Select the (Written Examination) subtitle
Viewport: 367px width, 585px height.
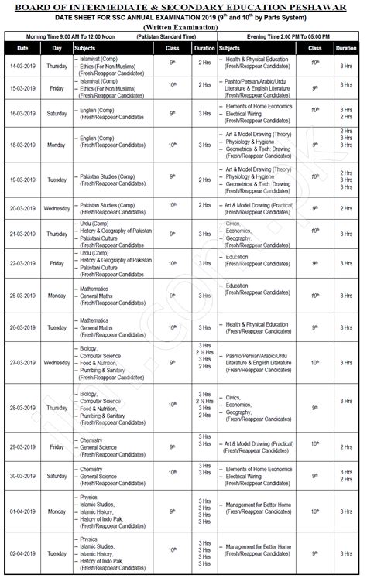pyautogui.click(x=183, y=27)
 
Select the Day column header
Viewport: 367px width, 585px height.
pyautogui.click(x=57, y=48)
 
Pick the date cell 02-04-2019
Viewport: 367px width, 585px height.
pyautogui.click(x=22, y=554)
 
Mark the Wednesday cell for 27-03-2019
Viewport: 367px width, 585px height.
pyautogui.click(x=57, y=362)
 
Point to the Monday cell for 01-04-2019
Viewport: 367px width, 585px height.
pyautogui.click(x=57, y=511)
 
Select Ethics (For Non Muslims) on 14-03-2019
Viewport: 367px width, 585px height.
pyautogui.click(x=108, y=66)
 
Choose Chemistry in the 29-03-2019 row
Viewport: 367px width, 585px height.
pyautogui.click(x=91, y=440)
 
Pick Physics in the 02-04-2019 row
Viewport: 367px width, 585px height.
pyautogui.click(x=89, y=539)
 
